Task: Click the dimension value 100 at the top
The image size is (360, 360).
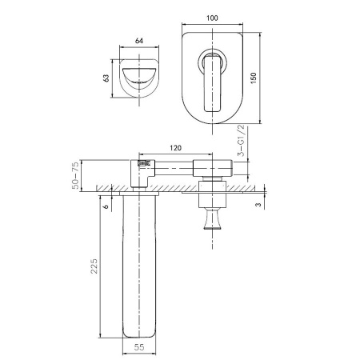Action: pyautogui.click(x=212, y=18)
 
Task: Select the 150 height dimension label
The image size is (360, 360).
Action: pyautogui.click(x=253, y=78)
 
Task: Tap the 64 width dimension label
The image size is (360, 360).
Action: pyautogui.click(x=139, y=41)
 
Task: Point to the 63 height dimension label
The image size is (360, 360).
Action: pyautogui.click(x=106, y=78)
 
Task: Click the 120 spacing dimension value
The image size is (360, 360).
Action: pyautogui.click(x=175, y=148)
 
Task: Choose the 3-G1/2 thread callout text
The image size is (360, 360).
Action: pyautogui.click(x=241, y=140)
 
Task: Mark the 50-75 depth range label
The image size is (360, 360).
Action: pyautogui.click(x=76, y=175)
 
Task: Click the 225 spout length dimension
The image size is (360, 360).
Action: pyautogui.click(x=94, y=266)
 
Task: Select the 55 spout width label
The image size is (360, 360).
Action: pyautogui.click(x=139, y=347)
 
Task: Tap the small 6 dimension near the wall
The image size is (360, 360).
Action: pyautogui.click(x=106, y=206)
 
